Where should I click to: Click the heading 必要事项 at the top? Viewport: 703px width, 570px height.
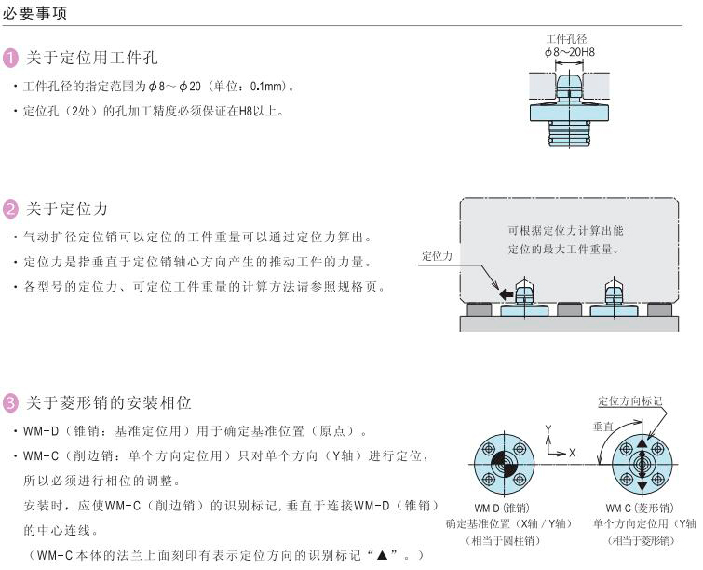[x=34, y=15]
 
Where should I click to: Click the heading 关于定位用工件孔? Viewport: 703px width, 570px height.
[x=91, y=59]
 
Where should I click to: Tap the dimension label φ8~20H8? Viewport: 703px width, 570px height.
[x=570, y=52]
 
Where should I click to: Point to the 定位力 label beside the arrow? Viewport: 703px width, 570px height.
[x=437, y=255]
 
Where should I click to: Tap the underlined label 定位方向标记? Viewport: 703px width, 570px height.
[x=630, y=401]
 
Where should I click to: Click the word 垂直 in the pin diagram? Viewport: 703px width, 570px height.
[x=602, y=426]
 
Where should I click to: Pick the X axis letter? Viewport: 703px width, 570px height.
[x=572, y=452]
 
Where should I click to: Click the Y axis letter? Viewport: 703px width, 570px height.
[x=549, y=430]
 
